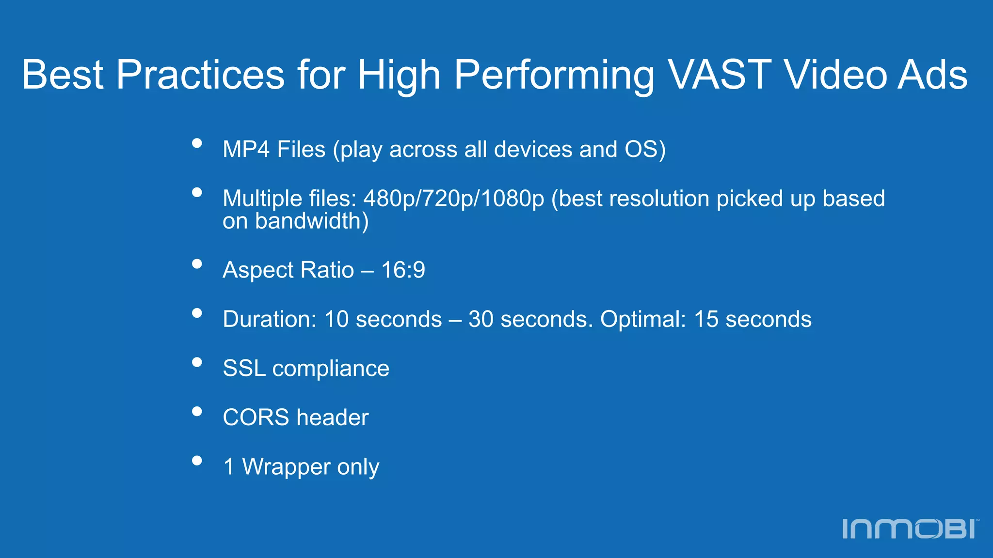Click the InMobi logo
point(911,528)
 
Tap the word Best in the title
point(63,75)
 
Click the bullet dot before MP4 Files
point(197,143)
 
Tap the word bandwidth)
point(312,221)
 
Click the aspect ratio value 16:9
point(403,270)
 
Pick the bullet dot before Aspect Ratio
point(197,264)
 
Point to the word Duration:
point(270,319)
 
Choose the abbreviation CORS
point(256,418)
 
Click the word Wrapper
point(286,467)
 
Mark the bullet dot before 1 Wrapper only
point(197,460)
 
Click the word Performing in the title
point(554,76)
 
